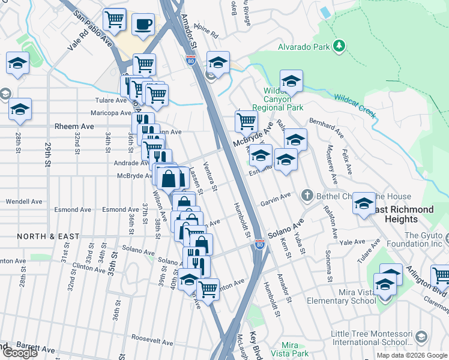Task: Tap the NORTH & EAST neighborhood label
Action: point(48,236)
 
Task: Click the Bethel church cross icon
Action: point(307,194)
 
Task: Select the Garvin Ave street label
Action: point(276,199)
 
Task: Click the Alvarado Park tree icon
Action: point(339,46)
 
